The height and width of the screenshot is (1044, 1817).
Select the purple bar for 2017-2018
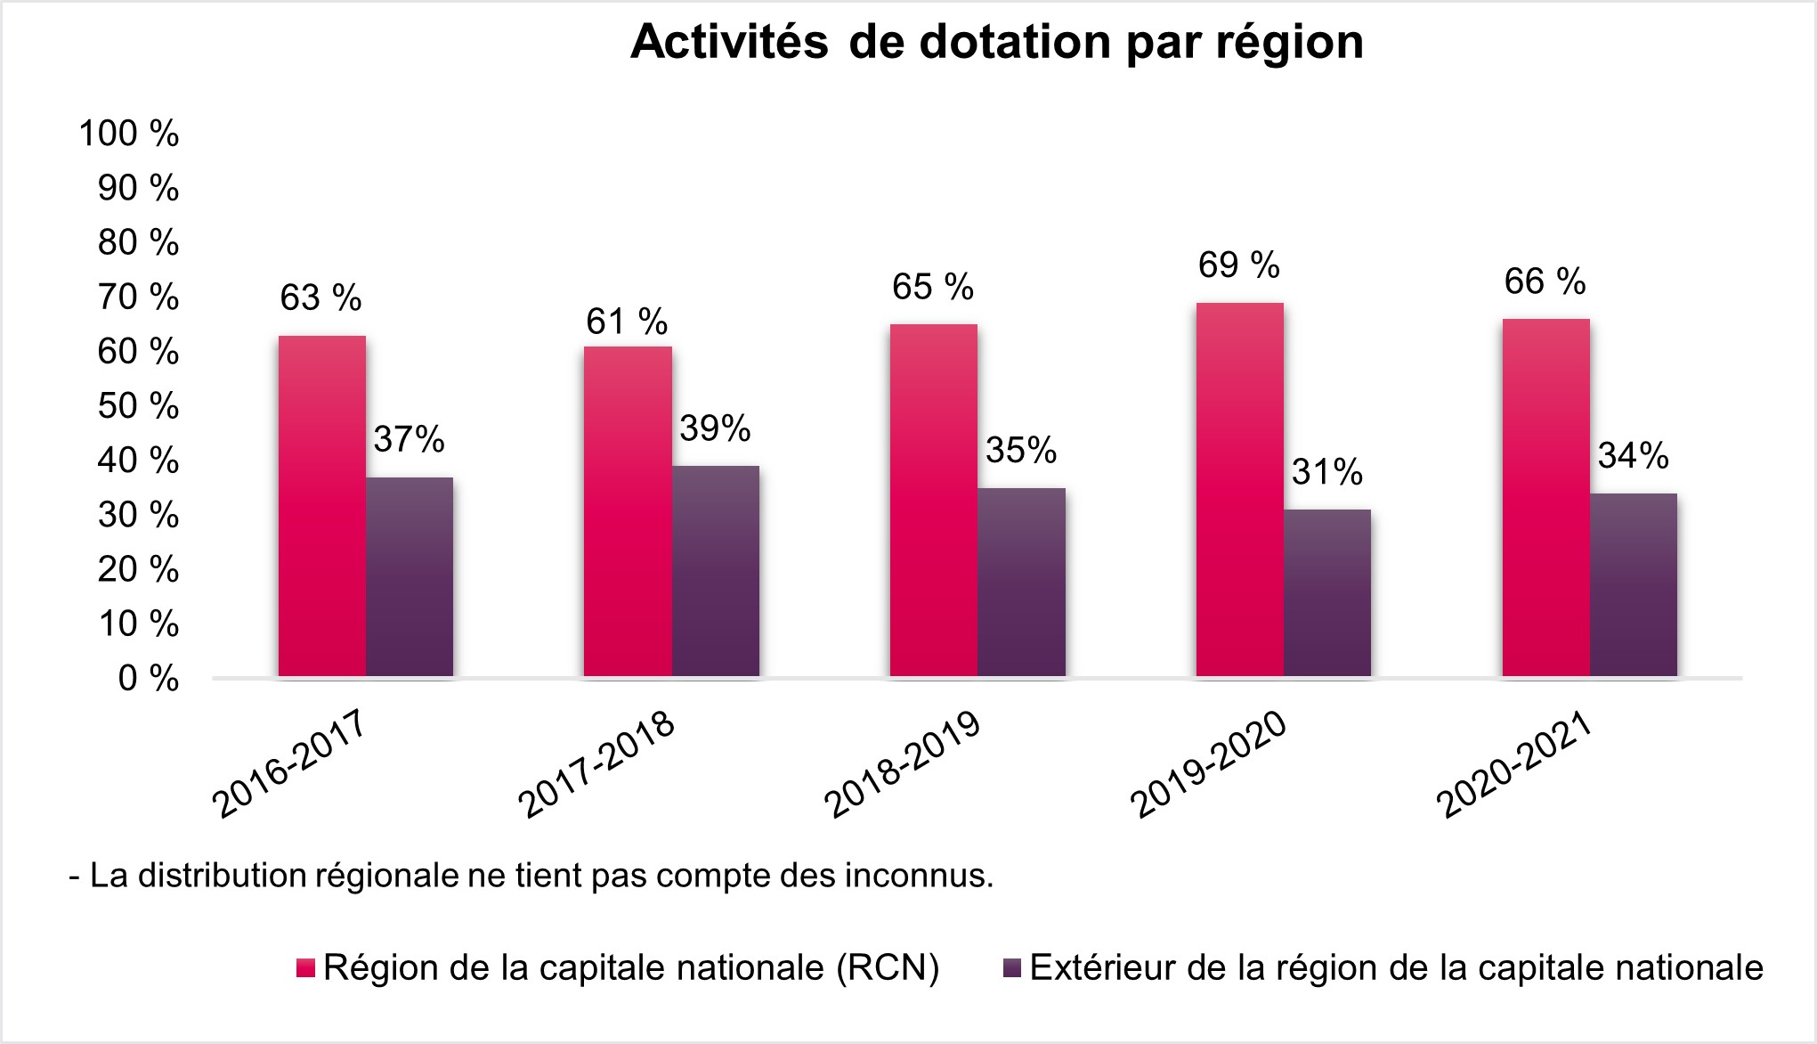click(716, 571)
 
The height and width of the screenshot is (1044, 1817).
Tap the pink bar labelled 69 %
click(1239, 490)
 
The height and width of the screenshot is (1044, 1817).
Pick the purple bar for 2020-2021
click(1634, 585)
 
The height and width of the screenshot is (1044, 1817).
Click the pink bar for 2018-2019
click(933, 501)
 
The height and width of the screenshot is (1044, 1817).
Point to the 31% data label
click(1326, 472)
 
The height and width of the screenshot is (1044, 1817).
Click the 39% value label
click(715, 429)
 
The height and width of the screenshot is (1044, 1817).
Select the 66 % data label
click(1545, 281)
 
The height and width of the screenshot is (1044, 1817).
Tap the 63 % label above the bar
click(320, 298)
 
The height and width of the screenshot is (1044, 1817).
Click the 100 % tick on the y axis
click(129, 134)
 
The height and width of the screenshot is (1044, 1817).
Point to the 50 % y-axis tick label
click(138, 406)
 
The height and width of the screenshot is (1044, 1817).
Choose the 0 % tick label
click(148, 679)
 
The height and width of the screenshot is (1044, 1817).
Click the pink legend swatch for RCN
click(305, 969)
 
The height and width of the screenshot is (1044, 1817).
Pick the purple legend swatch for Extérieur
click(1012, 969)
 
